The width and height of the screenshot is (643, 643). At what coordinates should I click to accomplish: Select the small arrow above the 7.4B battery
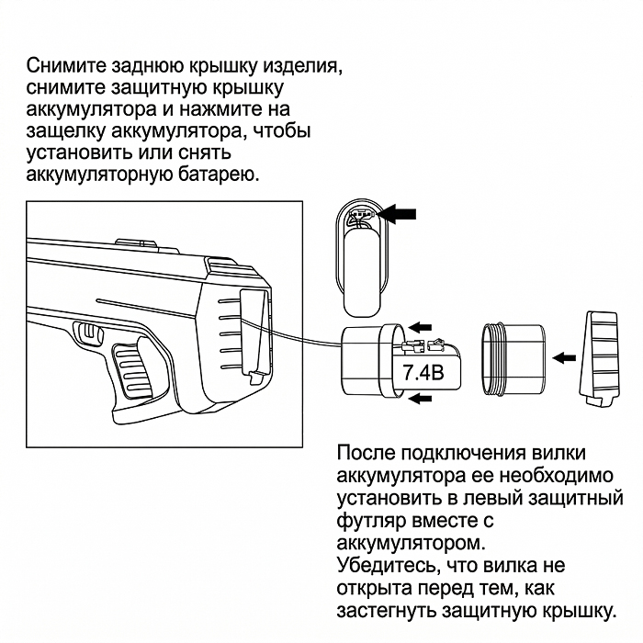421,325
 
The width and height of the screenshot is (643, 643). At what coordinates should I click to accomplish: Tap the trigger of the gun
90,333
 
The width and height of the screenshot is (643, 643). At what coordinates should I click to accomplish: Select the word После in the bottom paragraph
369,455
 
